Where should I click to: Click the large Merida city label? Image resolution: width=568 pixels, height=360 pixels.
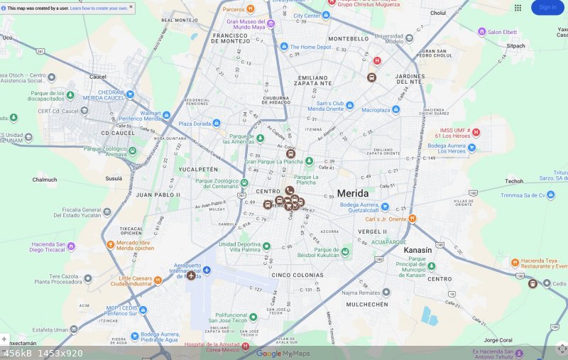(353, 193)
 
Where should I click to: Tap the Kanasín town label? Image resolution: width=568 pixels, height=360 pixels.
(417, 251)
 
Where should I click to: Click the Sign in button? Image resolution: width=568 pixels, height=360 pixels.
(547, 7)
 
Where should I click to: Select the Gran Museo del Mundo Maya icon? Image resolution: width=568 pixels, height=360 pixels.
(271, 24)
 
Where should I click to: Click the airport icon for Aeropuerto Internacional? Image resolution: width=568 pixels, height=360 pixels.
(207, 271)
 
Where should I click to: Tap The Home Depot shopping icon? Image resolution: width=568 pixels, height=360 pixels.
(284, 47)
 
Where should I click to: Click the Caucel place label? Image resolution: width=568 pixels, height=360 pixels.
(98, 76)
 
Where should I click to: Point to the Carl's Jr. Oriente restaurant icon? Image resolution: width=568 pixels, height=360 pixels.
(413, 219)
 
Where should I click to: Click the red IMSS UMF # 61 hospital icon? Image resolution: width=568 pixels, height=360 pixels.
(476, 132)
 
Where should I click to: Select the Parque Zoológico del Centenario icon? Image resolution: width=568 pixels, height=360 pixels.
(244, 182)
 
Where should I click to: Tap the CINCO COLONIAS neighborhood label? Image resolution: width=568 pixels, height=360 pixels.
(297, 275)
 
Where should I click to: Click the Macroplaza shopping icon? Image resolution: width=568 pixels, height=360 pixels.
(396, 110)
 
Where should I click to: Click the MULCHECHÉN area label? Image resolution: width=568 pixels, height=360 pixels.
(367, 304)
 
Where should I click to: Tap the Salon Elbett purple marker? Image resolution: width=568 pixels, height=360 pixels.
(482, 32)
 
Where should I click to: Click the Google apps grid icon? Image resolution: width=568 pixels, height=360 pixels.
(518, 7)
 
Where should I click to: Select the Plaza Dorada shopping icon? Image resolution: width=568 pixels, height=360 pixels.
(217, 124)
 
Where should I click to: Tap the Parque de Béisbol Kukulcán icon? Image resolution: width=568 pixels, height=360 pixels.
(345, 251)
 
